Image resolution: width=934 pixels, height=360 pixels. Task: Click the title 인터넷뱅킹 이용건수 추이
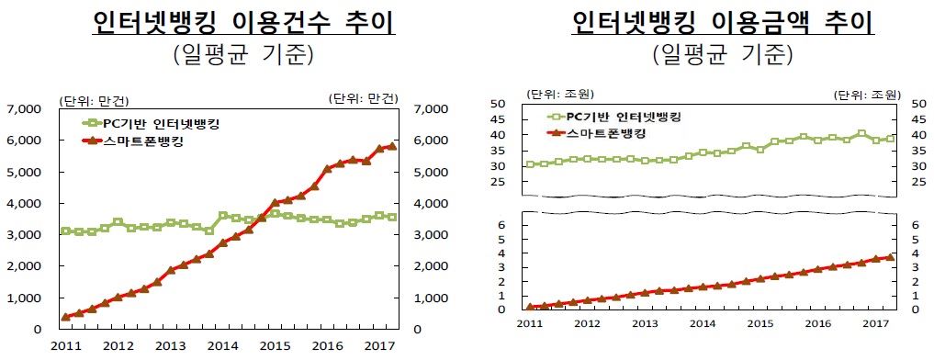pos(243,22)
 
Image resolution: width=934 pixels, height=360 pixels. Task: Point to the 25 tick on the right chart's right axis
pos(911,182)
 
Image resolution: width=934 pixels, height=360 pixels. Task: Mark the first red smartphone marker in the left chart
pos(65,316)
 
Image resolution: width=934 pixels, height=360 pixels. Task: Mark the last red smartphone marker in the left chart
pos(392,146)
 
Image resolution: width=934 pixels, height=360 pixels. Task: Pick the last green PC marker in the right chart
pos(889,140)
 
